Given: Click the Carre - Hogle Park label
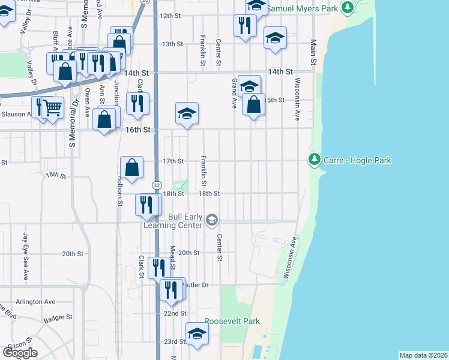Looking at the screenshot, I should point(357,160).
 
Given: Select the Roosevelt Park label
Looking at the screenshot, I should point(232,321).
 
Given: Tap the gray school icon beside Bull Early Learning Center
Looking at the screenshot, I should point(211,221).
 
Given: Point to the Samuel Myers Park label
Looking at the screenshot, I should point(301,9).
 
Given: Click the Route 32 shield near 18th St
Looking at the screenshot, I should point(156,184).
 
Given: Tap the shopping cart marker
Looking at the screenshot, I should point(53,108).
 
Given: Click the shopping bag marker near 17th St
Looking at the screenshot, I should point(132,167).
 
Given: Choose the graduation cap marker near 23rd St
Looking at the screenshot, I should point(196,333).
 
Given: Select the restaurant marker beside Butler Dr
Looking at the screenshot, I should point(173,289).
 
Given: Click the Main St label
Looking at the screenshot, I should point(313,52).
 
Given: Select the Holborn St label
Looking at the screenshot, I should point(119,191).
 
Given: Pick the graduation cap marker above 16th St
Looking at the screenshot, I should point(187,113).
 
